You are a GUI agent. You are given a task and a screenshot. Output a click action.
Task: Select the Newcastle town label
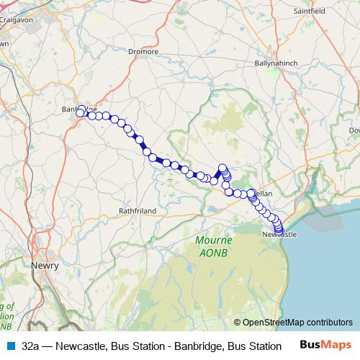(279, 235)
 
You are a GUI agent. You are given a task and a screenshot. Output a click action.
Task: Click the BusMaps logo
(326, 345)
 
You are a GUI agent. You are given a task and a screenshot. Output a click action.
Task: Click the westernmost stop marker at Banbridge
(81, 112)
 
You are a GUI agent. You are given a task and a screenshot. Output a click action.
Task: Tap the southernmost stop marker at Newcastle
(279, 230)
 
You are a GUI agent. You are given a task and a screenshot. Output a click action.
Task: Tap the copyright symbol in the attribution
(238, 323)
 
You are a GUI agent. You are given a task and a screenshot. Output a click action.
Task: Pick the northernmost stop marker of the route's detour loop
(222, 168)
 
